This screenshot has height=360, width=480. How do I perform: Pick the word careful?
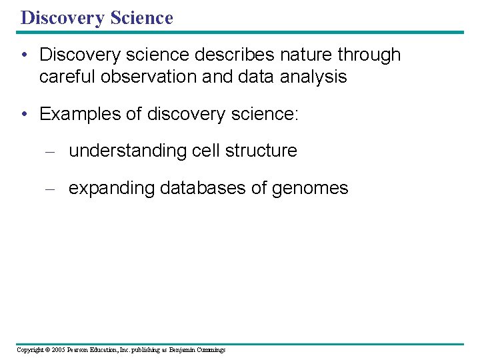click(66, 77)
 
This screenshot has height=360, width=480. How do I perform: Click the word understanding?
click(128, 151)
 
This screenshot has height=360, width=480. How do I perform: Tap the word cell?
click(206, 151)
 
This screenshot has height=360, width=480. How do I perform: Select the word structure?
click(261, 151)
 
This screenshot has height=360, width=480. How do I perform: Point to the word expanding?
click(111, 189)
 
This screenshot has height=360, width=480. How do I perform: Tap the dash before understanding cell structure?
click(49, 151)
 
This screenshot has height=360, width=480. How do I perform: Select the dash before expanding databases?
click(49, 189)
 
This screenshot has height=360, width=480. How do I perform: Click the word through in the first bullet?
click(371, 55)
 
